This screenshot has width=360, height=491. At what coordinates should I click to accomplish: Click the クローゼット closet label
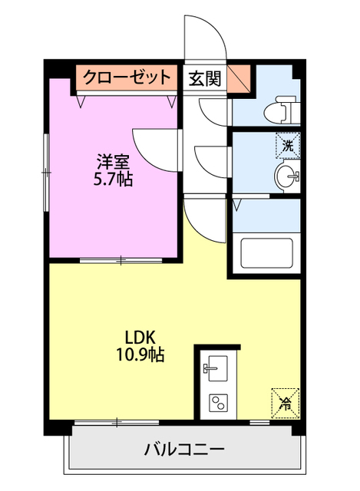click(x=127, y=77)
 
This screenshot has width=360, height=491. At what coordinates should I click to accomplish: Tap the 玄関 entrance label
click(x=204, y=77)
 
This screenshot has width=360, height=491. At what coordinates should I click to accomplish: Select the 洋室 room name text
click(x=113, y=163)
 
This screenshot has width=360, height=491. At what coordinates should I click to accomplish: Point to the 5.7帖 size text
click(x=113, y=180)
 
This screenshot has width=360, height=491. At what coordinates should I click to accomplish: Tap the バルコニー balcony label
click(x=184, y=449)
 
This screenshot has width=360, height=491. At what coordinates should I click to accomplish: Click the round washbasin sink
click(x=287, y=176)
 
